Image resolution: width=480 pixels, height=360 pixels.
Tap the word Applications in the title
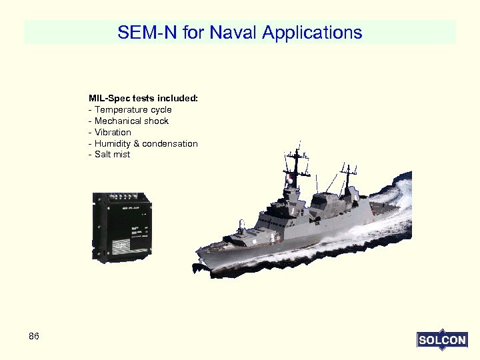[x=313, y=33]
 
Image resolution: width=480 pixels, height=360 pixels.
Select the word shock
[x=157, y=121]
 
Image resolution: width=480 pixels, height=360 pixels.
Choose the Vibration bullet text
[x=113, y=132]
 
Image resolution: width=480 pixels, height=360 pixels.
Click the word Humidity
[x=113, y=143]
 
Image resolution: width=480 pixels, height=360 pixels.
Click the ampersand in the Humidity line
[x=137, y=143]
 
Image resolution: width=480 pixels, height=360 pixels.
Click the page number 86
[x=34, y=336]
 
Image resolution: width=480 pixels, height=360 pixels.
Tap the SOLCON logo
[x=441, y=340]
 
